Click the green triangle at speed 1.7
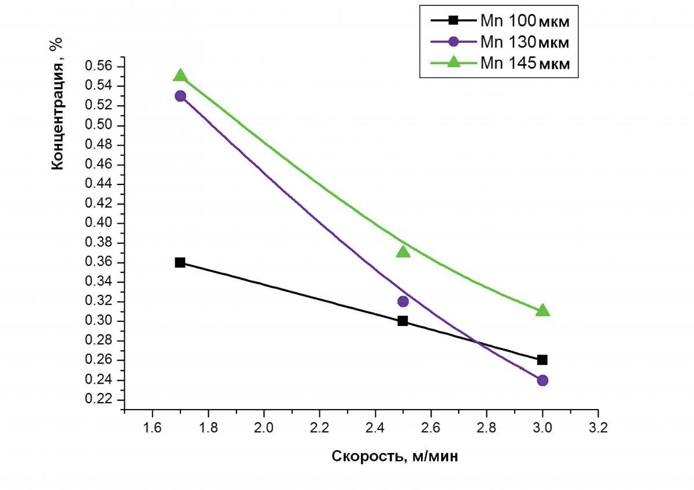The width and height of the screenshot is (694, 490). [x=180, y=76]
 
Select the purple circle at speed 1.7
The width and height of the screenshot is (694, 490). [x=180, y=96]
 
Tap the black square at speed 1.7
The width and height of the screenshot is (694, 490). [x=180, y=262]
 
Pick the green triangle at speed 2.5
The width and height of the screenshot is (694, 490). [x=403, y=251]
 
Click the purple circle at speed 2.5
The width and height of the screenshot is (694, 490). [x=403, y=301]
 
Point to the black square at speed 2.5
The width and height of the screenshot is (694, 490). [x=403, y=321]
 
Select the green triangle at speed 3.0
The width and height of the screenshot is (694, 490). [x=542, y=311]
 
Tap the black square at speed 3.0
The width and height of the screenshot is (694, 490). [x=542, y=360]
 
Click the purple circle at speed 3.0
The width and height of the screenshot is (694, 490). [x=542, y=380]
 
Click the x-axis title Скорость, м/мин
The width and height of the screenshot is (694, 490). [x=395, y=456]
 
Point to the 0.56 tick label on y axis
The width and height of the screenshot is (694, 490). [x=99, y=66]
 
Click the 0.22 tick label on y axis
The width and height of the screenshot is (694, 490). [x=99, y=400]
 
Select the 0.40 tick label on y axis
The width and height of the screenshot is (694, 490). [x=99, y=223]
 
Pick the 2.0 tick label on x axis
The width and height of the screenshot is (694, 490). [x=264, y=429]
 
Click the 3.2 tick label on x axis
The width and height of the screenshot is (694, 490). [x=598, y=429]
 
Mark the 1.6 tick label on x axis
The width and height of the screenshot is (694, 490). [x=152, y=429]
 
